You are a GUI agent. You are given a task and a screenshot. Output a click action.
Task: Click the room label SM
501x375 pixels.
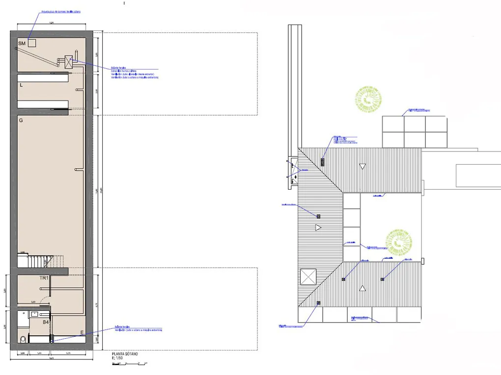click(22, 44)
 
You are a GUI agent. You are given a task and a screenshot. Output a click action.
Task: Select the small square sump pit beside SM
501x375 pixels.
click(32, 43)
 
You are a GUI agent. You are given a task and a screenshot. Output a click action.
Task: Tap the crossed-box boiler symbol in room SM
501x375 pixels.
click(69, 61)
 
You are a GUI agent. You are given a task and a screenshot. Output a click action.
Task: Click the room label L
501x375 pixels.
click(21, 85)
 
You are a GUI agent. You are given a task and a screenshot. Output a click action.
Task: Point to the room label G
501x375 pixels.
click(21, 120)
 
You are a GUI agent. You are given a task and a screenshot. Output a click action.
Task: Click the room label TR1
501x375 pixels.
click(44, 278)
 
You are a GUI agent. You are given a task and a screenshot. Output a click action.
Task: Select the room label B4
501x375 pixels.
click(46, 322)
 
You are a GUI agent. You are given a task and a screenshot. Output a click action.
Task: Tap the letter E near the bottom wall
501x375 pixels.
click(82, 333)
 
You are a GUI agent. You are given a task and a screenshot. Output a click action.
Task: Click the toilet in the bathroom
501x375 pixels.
click(23, 339)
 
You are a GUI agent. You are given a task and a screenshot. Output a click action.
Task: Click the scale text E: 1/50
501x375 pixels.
click(117, 358)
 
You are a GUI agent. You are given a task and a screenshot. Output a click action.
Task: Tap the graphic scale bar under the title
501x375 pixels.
click(130, 363)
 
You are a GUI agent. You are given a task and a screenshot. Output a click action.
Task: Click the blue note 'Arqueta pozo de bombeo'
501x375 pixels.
click(57, 11)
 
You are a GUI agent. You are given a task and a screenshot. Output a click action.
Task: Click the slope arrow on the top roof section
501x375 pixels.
click(362, 167)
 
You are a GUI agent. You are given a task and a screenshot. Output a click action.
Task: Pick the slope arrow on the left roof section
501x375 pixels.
click(318, 227)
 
